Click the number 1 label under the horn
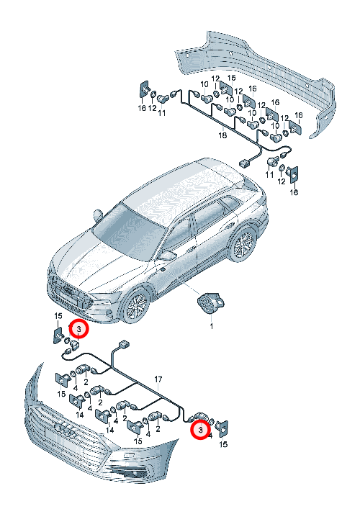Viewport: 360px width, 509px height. (x=212, y=325)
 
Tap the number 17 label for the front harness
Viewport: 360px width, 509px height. (x=158, y=379)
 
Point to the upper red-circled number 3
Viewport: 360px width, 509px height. (x=79, y=329)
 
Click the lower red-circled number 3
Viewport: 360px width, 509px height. (x=200, y=430)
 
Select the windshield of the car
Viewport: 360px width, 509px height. (x=130, y=231)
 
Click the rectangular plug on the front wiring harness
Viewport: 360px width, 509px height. (x=124, y=344)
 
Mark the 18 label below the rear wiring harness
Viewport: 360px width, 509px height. (x=222, y=135)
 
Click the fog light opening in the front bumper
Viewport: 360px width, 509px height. (x=128, y=472)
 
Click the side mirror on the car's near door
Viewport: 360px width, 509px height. (x=168, y=256)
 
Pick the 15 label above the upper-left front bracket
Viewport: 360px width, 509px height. (x=58, y=315)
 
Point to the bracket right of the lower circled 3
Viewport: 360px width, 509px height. (x=223, y=429)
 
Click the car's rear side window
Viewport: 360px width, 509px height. (x=228, y=205)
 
